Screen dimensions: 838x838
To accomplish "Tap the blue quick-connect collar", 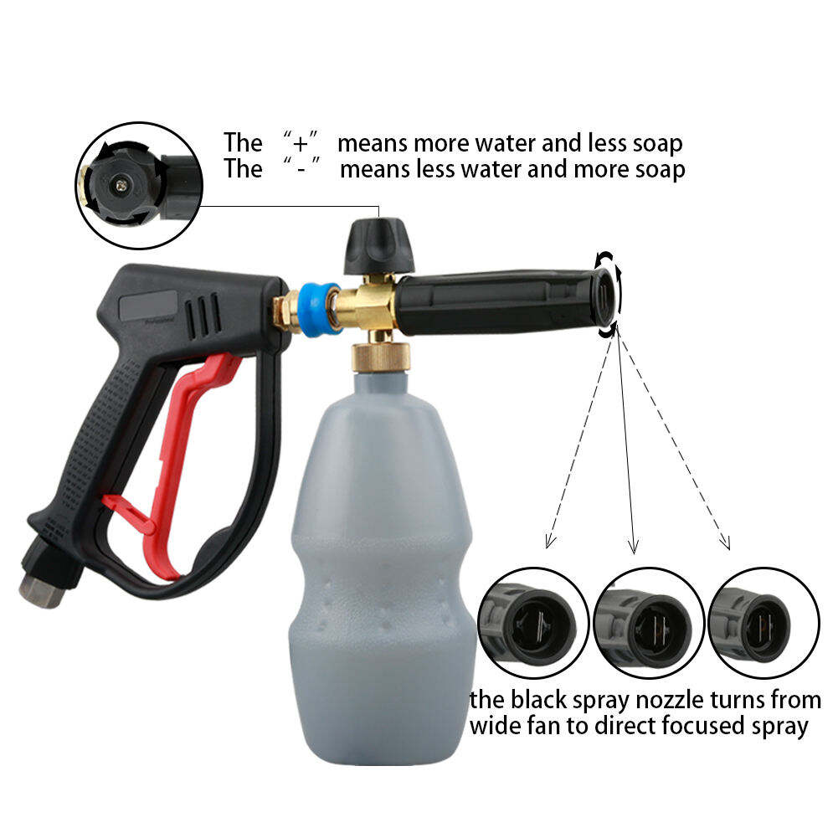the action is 319,309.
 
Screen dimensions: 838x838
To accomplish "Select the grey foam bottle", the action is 382,567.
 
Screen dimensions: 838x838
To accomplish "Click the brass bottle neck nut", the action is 381,358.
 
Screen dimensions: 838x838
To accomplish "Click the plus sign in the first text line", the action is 301,143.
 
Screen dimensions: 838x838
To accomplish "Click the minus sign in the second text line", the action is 301,169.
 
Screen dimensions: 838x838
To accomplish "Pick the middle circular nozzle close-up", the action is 649,623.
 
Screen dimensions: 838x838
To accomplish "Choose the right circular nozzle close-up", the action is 763,623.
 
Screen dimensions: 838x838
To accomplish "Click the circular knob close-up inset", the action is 139,186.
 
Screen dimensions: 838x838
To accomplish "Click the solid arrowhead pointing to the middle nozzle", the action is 634,546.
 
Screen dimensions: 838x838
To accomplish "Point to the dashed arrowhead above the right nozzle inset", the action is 724,541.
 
